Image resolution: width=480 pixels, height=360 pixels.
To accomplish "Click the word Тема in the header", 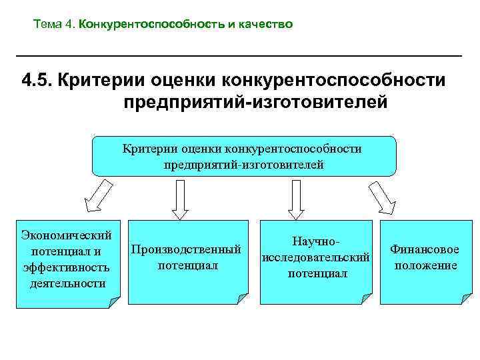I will point(47,25).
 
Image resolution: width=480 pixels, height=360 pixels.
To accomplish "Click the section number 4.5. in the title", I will point(37,81).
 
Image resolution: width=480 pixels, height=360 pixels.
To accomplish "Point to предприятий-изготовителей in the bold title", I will point(255,103).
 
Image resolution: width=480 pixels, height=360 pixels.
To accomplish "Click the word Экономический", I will point(66,235).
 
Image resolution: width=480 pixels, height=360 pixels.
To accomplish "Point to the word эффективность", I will point(66,267).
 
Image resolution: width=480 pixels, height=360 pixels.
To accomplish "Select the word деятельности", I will point(66,283).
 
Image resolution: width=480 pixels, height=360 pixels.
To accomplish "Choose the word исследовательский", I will point(315,257).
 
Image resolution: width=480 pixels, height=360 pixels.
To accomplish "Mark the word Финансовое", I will point(425,249).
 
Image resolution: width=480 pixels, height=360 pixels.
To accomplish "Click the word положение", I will point(425,265).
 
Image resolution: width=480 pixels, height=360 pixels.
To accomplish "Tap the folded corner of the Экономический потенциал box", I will point(115,302).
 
